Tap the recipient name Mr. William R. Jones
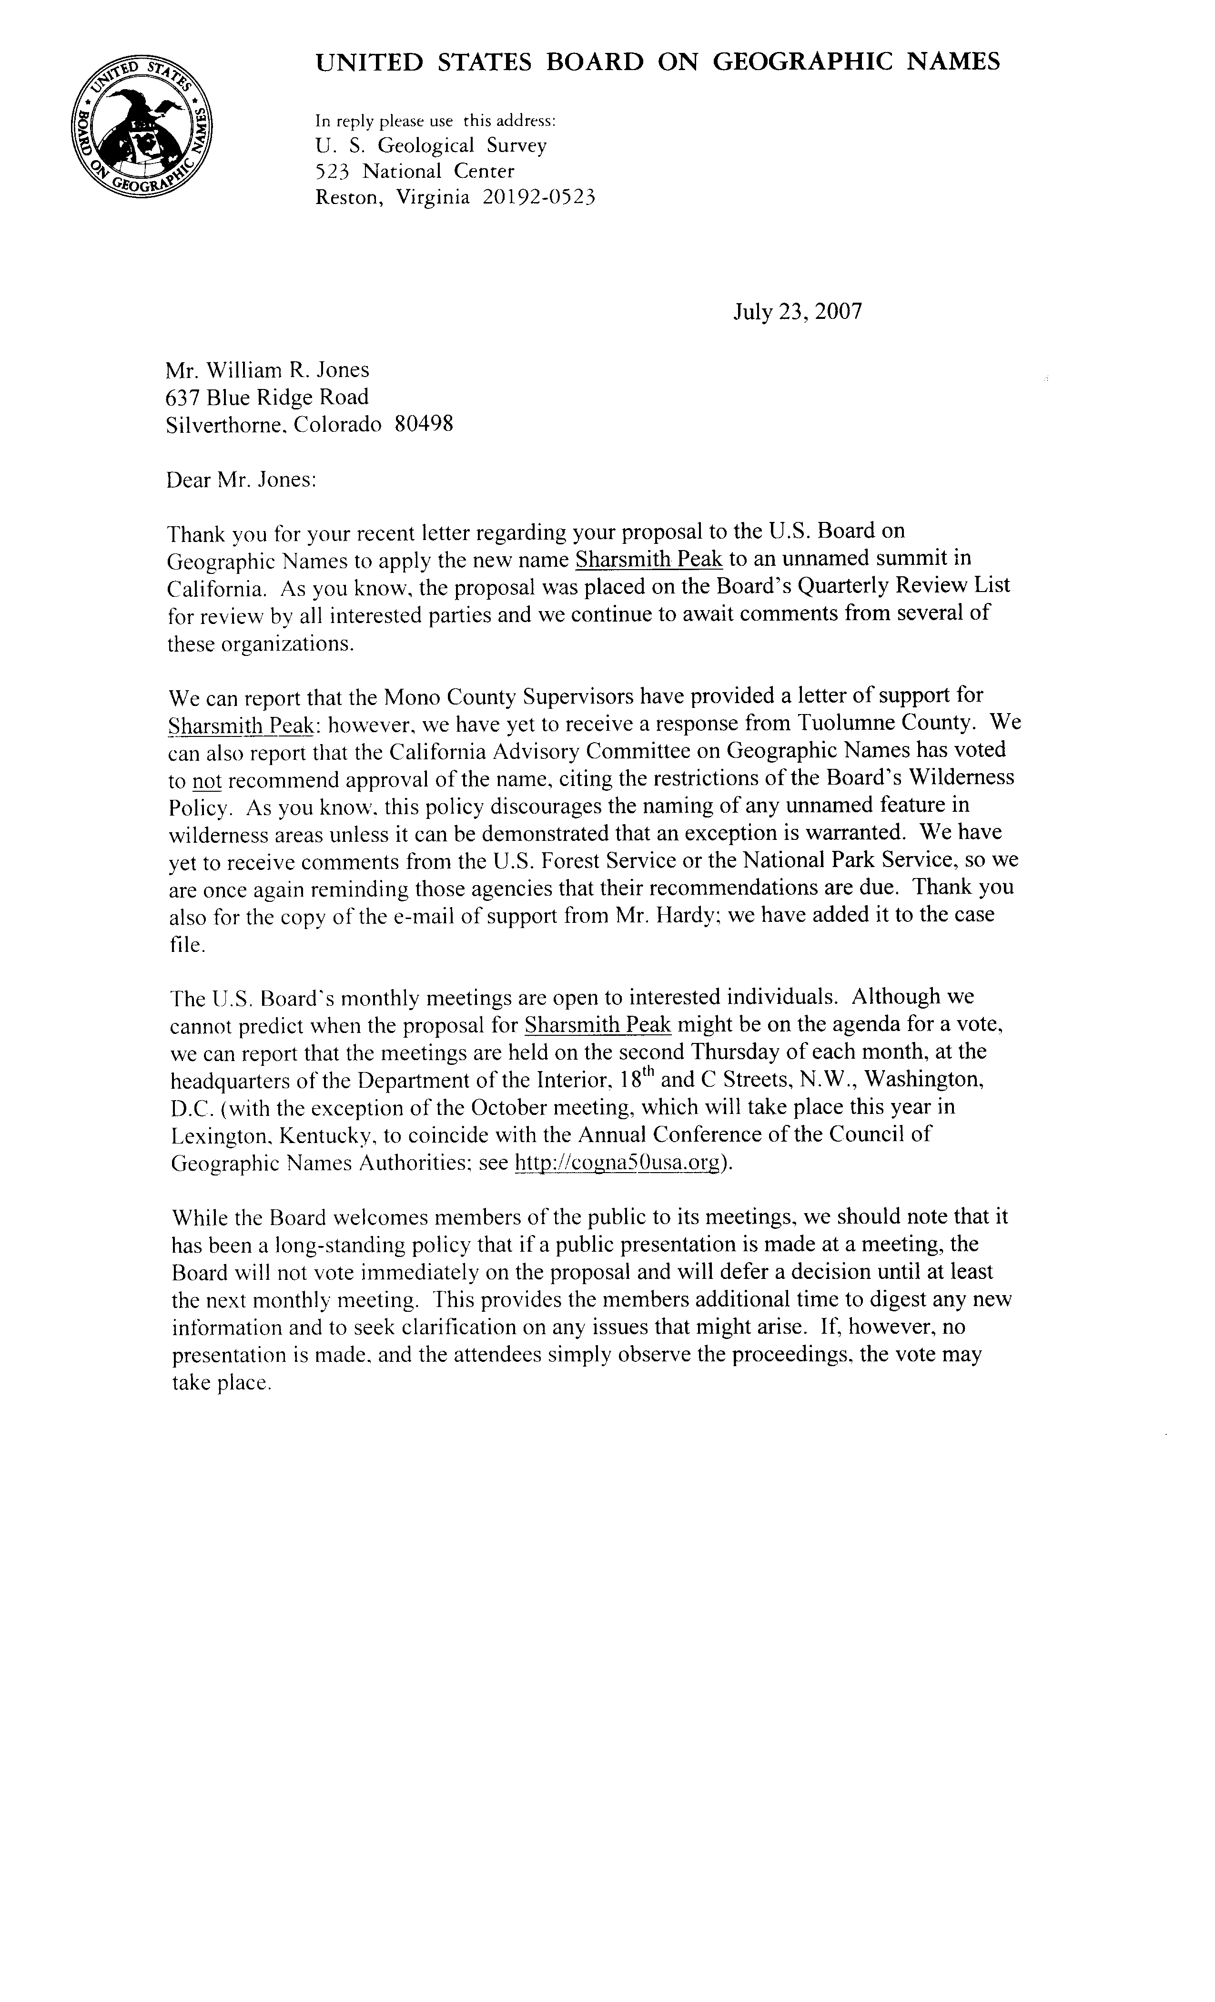pos(267,370)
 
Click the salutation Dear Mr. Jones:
pos(241,480)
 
